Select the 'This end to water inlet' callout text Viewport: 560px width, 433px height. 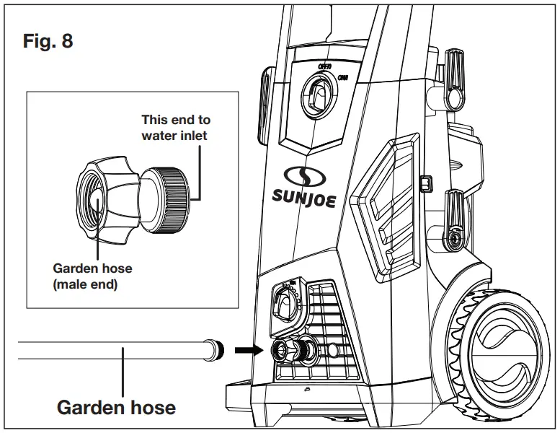point(176,127)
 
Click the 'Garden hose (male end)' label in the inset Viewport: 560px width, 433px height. point(92,276)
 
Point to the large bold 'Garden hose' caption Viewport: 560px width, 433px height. point(116,407)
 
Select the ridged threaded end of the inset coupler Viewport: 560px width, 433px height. point(174,196)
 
